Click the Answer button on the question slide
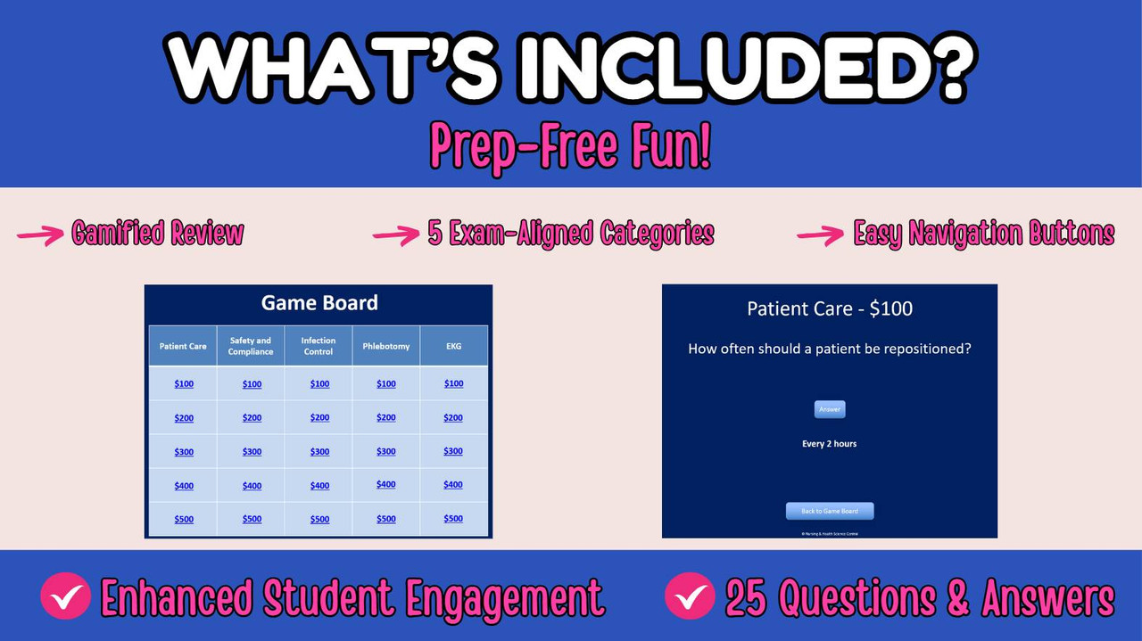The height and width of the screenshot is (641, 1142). coord(830,409)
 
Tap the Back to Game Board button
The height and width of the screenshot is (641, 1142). coord(830,511)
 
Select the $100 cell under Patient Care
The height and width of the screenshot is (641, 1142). coord(184,384)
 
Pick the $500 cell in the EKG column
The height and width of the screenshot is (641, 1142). coord(453,519)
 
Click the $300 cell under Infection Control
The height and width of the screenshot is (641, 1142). coord(319,452)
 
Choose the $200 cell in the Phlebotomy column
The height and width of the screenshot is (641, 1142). coord(386,418)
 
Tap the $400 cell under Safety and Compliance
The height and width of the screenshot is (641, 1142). coord(252,486)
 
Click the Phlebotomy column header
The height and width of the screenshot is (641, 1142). coord(386,346)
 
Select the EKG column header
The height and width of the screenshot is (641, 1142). coord(453,346)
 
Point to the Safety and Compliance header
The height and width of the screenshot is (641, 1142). coord(251,346)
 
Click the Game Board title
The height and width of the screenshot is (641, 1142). coord(319,303)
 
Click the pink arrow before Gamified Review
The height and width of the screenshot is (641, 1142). coord(41,234)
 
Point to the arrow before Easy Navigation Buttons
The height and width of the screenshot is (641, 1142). coord(820,234)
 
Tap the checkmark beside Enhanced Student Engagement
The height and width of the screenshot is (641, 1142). coord(65,596)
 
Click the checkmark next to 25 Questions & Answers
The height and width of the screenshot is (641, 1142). coord(690,596)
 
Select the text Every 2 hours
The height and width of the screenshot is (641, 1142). coord(830,444)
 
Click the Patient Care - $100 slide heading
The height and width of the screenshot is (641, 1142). coord(830,309)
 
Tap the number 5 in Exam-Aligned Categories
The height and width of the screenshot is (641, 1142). coord(435,234)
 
